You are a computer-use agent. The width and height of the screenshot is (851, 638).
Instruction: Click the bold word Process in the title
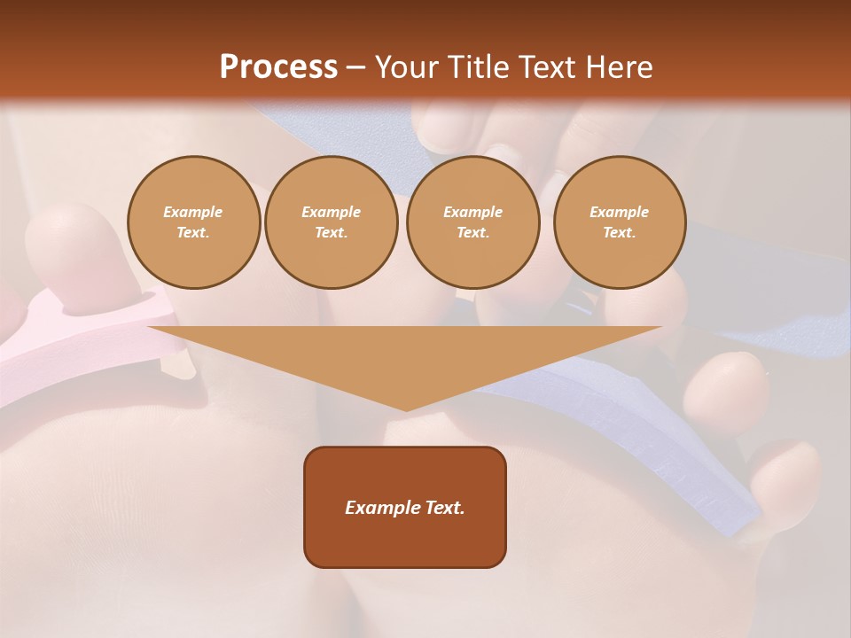point(278,67)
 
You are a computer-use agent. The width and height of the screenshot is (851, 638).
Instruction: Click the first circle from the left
point(193,222)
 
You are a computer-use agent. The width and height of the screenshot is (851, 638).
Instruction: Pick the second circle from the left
point(331,222)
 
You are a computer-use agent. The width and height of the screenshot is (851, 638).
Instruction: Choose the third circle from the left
point(472,222)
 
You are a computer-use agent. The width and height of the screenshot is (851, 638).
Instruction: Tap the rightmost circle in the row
point(619,222)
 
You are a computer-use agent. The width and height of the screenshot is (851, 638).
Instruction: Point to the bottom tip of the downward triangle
point(406,409)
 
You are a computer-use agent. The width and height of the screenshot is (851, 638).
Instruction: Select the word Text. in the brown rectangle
point(444,508)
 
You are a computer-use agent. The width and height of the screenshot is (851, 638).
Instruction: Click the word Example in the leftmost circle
point(193,212)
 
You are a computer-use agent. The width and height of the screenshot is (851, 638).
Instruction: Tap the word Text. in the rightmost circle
point(619,233)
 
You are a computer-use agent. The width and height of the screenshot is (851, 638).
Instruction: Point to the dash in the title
point(355,68)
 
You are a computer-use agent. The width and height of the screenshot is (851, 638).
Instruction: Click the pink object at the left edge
point(53,346)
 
